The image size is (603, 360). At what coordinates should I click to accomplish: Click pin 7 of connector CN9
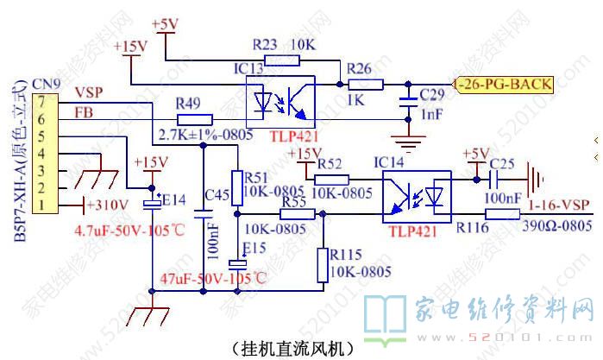tap(41, 102)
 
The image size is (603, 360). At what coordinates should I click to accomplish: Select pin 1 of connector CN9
tap(41, 204)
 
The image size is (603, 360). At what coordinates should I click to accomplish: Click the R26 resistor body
tap(365, 84)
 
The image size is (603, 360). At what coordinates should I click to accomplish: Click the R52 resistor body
tap(331, 180)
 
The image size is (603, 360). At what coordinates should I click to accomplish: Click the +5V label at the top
tap(164, 24)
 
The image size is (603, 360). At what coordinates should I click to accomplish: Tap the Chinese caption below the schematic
tap(293, 349)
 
